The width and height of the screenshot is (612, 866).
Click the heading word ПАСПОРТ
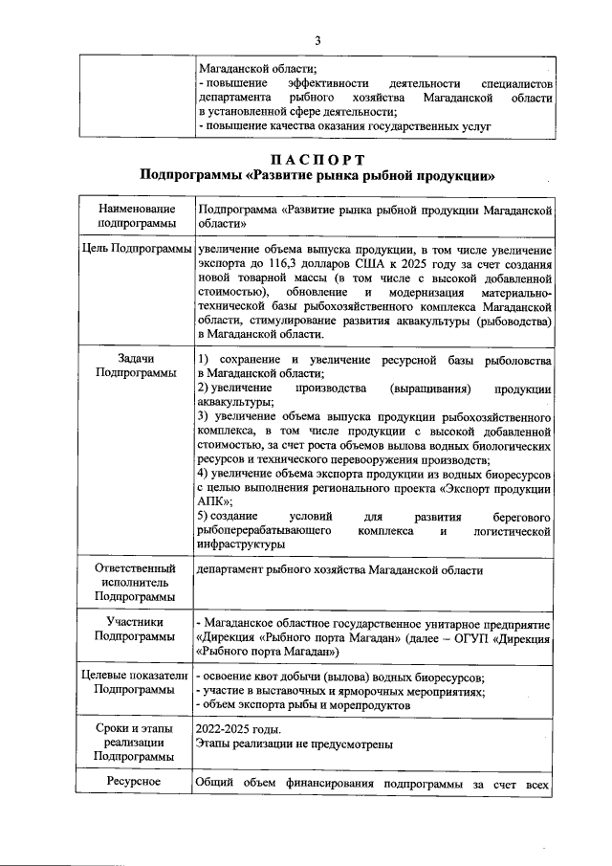click(317, 159)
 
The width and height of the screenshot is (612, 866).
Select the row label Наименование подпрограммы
click(137, 216)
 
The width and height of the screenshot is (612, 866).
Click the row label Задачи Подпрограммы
click(137, 366)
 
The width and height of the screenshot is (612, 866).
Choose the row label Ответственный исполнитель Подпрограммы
click(137, 581)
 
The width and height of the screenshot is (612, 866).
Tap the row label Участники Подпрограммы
click(137, 629)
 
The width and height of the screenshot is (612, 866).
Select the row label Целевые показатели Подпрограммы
click(137, 682)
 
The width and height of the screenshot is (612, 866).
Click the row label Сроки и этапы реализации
click(137, 742)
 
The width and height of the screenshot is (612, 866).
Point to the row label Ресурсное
click(137, 785)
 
